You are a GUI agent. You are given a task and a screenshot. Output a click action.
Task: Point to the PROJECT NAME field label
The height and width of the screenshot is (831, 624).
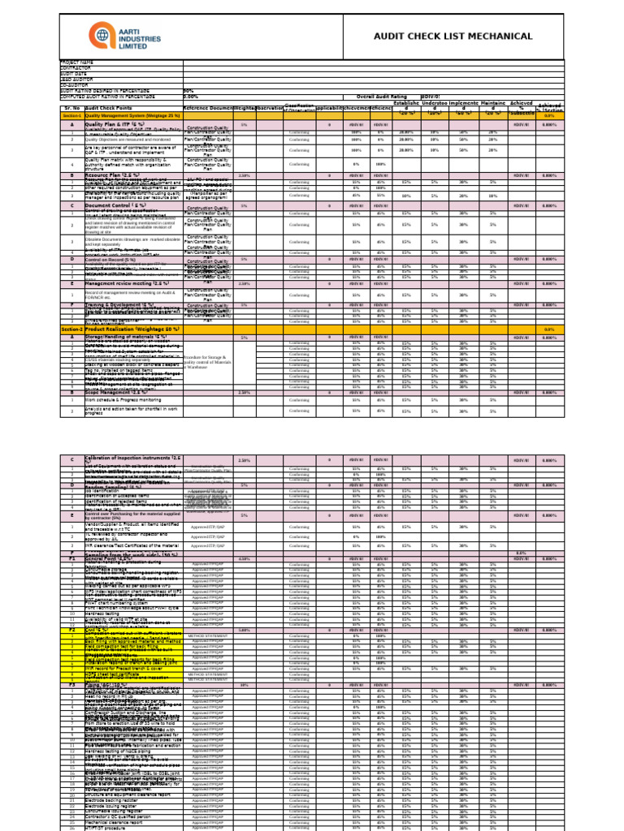78,62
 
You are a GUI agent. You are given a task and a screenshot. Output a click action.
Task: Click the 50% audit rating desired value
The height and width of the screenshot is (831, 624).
188,91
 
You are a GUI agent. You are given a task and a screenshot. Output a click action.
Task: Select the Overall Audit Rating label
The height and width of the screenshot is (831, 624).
383,97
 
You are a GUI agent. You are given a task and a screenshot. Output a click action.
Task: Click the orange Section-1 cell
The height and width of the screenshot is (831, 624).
71,116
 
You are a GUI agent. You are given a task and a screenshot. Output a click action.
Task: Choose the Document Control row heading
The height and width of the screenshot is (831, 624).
114,206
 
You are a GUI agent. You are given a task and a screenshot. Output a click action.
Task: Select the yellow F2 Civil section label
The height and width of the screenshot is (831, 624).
71,630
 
